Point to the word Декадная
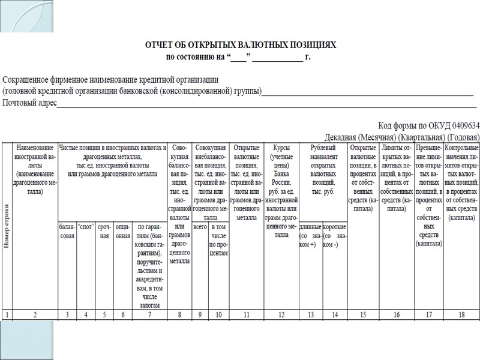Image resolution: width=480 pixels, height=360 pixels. pos(344,136)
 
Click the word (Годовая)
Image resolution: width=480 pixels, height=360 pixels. pos(460,136)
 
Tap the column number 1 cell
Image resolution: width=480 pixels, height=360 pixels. pos(7,314)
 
